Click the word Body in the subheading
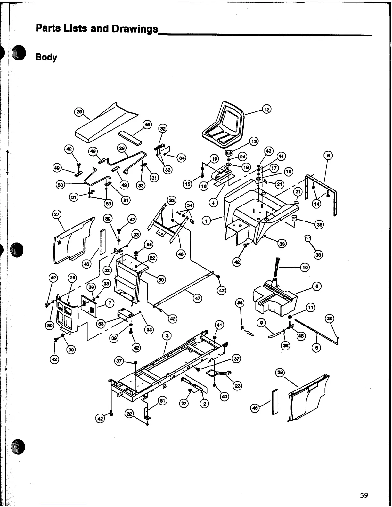click(46, 58)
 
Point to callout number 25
click(78, 112)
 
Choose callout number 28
click(280, 372)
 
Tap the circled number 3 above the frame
click(167, 336)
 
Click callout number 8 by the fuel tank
click(316, 286)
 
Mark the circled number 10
click(305, 267)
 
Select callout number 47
click(198, 299)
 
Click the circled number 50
click(161, 280)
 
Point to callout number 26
click(72, 278)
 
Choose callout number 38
click(318, 255)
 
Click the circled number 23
click(238, 386)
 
